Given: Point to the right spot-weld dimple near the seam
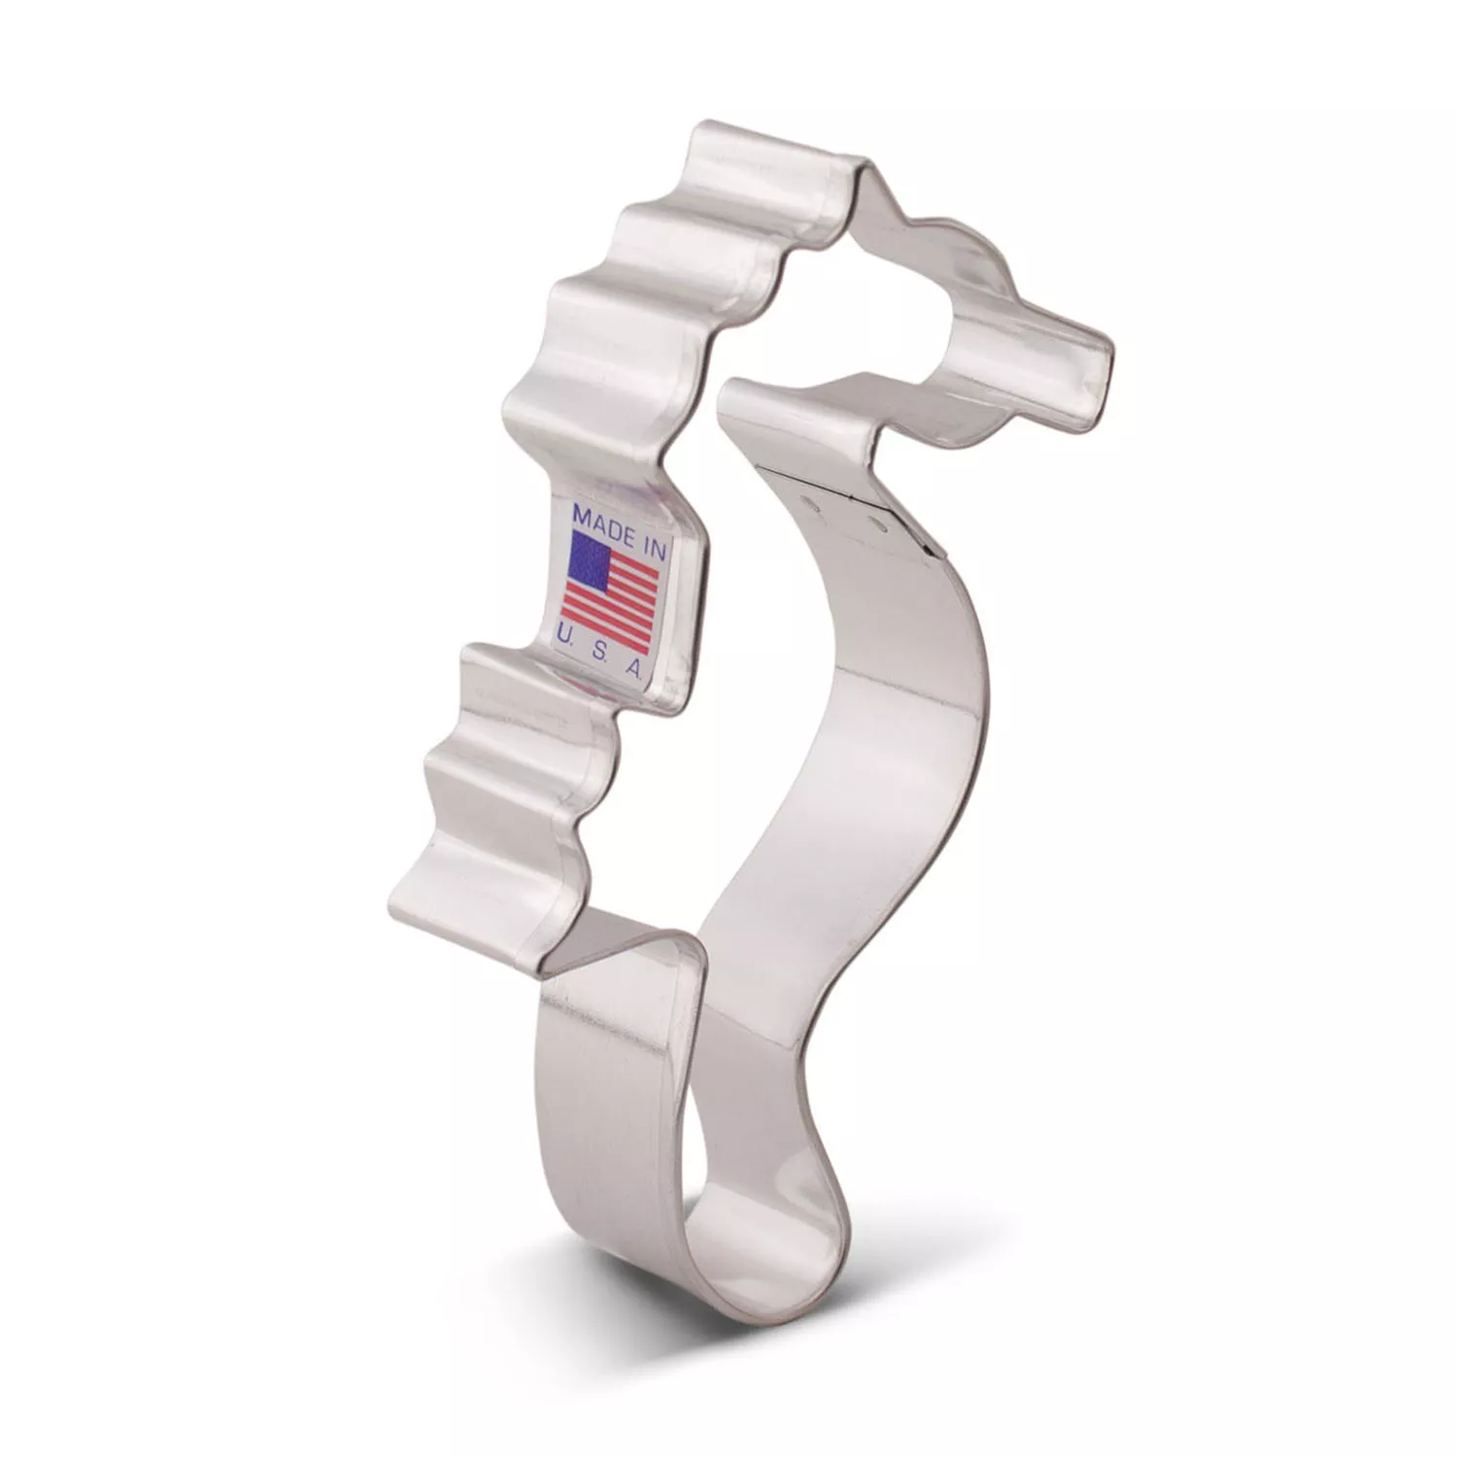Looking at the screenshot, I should pos(880,525).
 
